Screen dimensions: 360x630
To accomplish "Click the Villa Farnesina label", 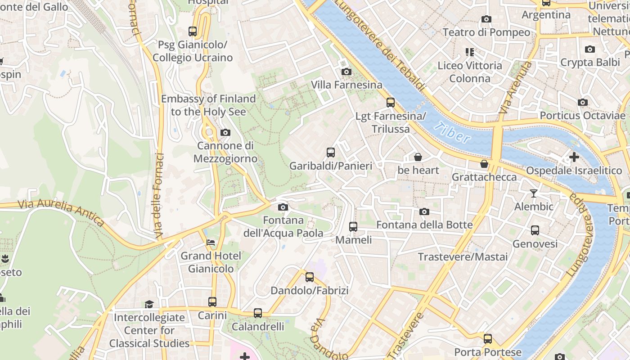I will (x=346, y=85).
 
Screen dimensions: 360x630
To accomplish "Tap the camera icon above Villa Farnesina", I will (x=346, y=72).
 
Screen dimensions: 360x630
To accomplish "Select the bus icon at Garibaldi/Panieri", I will (x=331, y=152).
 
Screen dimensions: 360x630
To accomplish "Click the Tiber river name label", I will (x=453, y=132).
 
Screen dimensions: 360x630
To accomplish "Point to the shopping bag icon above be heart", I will (x=418, y=157).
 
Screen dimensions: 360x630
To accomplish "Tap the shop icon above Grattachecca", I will (x=484, y=164).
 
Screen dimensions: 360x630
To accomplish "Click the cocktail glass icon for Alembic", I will (x=534, y=193).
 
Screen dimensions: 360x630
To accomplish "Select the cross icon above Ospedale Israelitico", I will (x=574, y=157).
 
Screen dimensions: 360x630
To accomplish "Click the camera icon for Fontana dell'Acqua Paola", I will (x=283, y=207).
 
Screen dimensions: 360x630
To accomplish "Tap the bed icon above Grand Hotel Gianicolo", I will (x=211, y=243).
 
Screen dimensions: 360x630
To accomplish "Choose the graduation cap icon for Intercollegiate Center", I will (x=149, y=305).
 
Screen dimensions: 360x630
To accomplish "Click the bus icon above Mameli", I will (x=353, y=226).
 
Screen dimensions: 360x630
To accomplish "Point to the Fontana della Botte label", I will (x=424, y=225).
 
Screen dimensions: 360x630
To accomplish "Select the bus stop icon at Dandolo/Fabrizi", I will (x=310, y=277).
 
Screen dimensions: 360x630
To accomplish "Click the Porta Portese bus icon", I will (x=488, y=338).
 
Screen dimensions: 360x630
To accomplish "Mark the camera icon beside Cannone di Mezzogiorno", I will (x=225, y=132).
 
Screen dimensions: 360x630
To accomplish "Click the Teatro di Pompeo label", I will (x=486, y=32).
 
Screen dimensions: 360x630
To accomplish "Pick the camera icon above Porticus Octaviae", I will (x=583, y=102).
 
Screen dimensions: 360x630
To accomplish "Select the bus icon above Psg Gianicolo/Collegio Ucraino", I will (x=193, y=31).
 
